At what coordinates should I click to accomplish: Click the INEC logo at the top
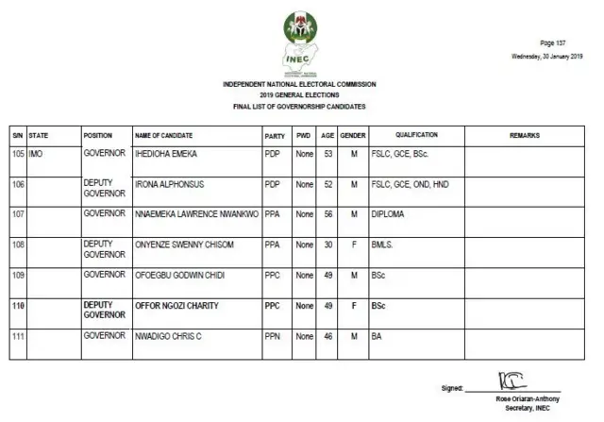(301, 42)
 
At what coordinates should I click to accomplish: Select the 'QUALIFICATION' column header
(416, 136)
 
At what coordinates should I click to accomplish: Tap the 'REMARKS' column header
(525, 136)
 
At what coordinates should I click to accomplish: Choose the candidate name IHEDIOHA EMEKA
(166, 152)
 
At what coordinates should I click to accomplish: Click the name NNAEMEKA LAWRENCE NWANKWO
(196, 214)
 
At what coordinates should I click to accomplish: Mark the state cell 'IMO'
(36, 152)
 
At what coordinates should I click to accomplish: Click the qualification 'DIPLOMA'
(389, 214)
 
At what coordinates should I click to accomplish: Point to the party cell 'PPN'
(272, 335)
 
